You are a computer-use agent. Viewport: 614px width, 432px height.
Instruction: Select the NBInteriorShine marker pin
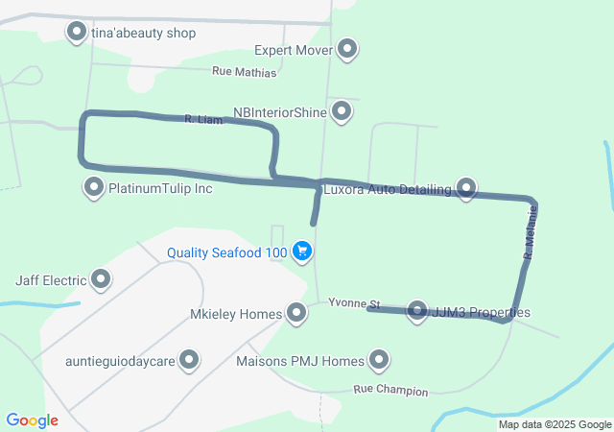(x=342, y=112)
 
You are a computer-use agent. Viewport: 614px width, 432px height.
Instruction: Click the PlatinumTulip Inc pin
(x=94, y=187)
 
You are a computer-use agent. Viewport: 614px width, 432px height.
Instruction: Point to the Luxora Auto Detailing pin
(x=466, y=188)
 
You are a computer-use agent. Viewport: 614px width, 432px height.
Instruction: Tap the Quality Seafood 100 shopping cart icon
(x=302, y=252)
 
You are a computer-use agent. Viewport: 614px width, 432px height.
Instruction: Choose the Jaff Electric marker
(x=100, y=280)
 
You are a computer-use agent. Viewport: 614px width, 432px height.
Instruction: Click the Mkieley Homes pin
(x=296, y=312)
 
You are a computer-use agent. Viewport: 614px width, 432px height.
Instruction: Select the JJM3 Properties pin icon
(x=417, y=311)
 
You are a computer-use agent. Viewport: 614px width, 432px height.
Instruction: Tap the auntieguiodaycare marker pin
(x=189, y=361)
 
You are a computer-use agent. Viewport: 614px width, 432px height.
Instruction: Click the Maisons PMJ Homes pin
(x=379, y=361)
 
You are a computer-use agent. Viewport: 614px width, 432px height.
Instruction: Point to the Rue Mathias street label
(x=244, y=72)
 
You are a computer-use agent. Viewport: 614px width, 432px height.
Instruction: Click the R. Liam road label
(x=202, y=120)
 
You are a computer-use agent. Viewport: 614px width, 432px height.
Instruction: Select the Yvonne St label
(x=354, y=303)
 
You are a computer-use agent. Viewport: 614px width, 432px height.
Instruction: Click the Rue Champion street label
(x=390, y=391)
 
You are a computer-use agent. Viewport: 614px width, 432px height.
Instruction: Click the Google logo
(x=32, y=420)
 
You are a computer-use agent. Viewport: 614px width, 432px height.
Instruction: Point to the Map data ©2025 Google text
(x=555, y=424)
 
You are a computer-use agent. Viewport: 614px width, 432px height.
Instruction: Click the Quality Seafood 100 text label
(x=226, y=252)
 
